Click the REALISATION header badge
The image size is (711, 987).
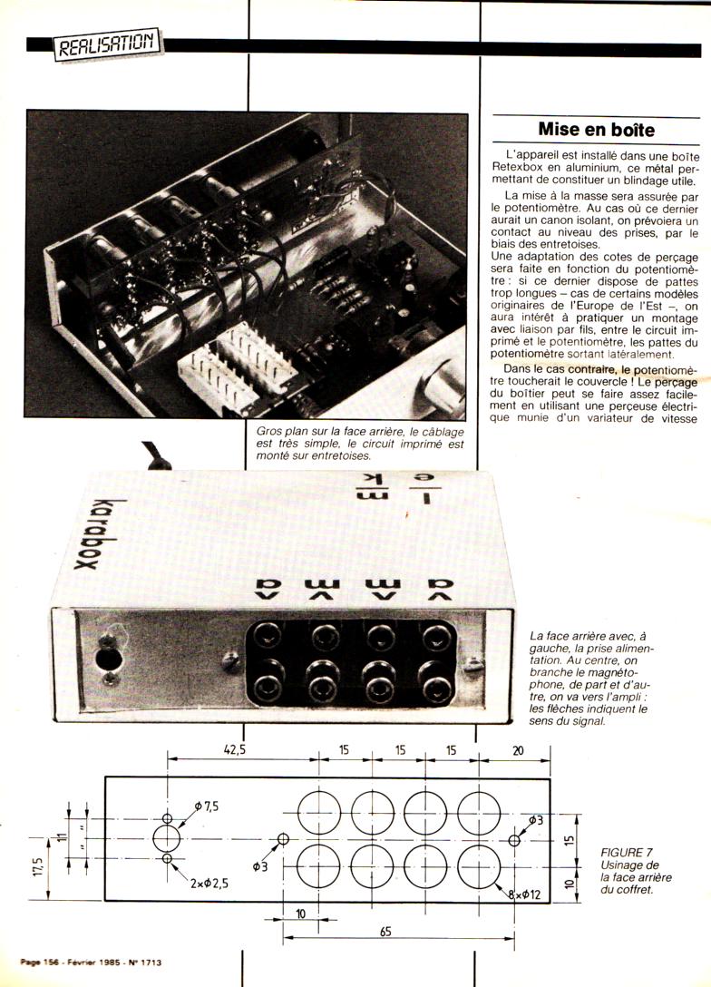108,44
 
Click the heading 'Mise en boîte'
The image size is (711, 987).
596,130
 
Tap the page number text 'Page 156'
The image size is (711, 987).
42,962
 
